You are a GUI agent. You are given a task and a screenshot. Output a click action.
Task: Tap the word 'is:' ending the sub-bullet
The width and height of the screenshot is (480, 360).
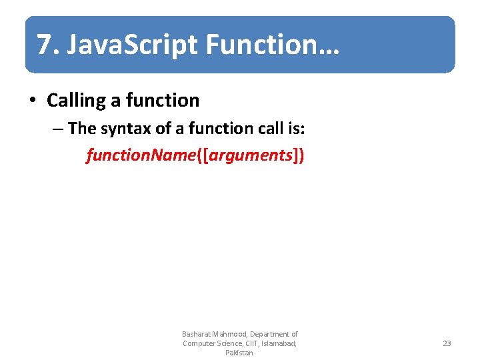click(x=297, y=128)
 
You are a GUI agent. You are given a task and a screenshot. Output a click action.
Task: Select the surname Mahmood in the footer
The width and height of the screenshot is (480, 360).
click(x=230, y=334)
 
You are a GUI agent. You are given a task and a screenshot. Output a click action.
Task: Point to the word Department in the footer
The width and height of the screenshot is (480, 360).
click(x=270, y=334)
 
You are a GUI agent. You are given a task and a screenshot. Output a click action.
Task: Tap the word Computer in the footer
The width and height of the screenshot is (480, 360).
click(x=199, y=343)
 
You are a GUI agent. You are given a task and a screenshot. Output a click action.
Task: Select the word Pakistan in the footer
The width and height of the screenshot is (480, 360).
click(x=239, y=353)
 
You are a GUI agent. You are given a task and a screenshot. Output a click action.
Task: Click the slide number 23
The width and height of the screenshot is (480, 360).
click(x=447, y=343)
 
